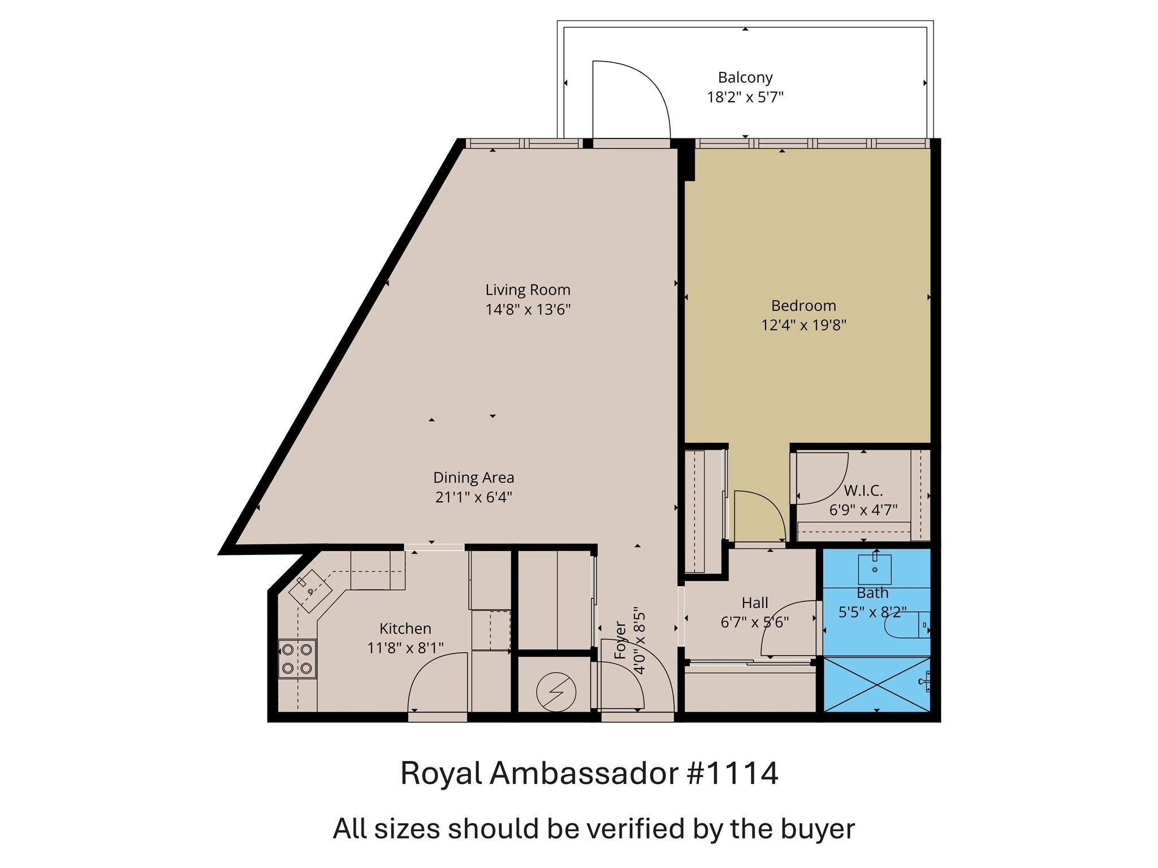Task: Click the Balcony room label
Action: pyautogui.click(x=745, y=77)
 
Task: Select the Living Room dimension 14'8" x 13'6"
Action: pyautogui.click(x=528, y=310)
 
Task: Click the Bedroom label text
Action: pyautogui.click(x=803, y=306)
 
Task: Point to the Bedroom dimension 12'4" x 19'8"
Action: pyautogui.click(x=803, y=325)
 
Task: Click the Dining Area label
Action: pyautogui.click(x=473, y=478)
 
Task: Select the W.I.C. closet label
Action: pyautogui.click(x=863, y=490)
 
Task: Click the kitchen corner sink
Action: pyautogui.click(x=310, y=591)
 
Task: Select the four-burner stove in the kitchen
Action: pyautogui.click(x=297, y=659)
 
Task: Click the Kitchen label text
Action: pyautogui.click(x=405, y=628)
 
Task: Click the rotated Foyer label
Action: pyautogui.click(x=620, y=640)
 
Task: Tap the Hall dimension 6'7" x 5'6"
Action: pyautogui.click(x=754, y=622)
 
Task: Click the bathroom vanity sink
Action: pyautogui.click(x=874, y=569)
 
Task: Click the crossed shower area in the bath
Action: pyautogui.click(x=876, y=684)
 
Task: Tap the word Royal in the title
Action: pyautogui.click(x=440, y=773)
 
